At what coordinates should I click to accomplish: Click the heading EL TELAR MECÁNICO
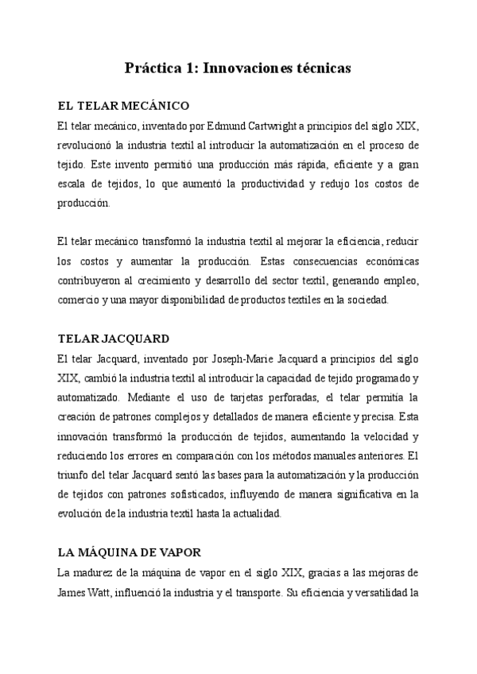[x=122, y=106]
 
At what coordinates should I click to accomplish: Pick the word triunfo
[x=76, y=475]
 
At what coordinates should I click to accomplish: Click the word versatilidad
[x=369, y=592]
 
